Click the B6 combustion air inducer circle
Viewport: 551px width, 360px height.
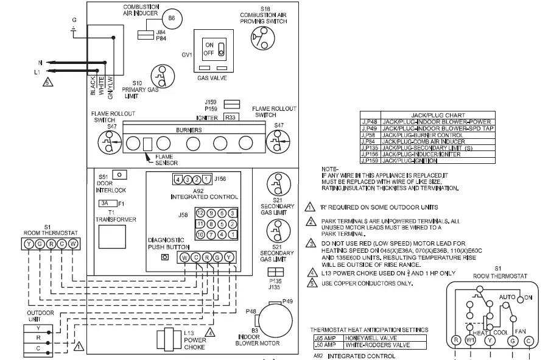pos(172,18)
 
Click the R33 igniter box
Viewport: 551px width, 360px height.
pos(231,117)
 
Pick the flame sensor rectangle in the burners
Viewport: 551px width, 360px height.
pos(147,144)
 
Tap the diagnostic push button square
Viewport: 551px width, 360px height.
pos(164,257)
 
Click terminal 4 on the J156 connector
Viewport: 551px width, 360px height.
pos(177,179)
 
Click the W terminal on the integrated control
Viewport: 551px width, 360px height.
pos(184,257)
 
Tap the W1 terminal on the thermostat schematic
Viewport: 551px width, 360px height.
pos(469,341)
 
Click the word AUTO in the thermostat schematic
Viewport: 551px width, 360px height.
pos(508,297)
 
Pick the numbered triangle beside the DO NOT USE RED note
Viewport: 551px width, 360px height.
pos(310,244)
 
